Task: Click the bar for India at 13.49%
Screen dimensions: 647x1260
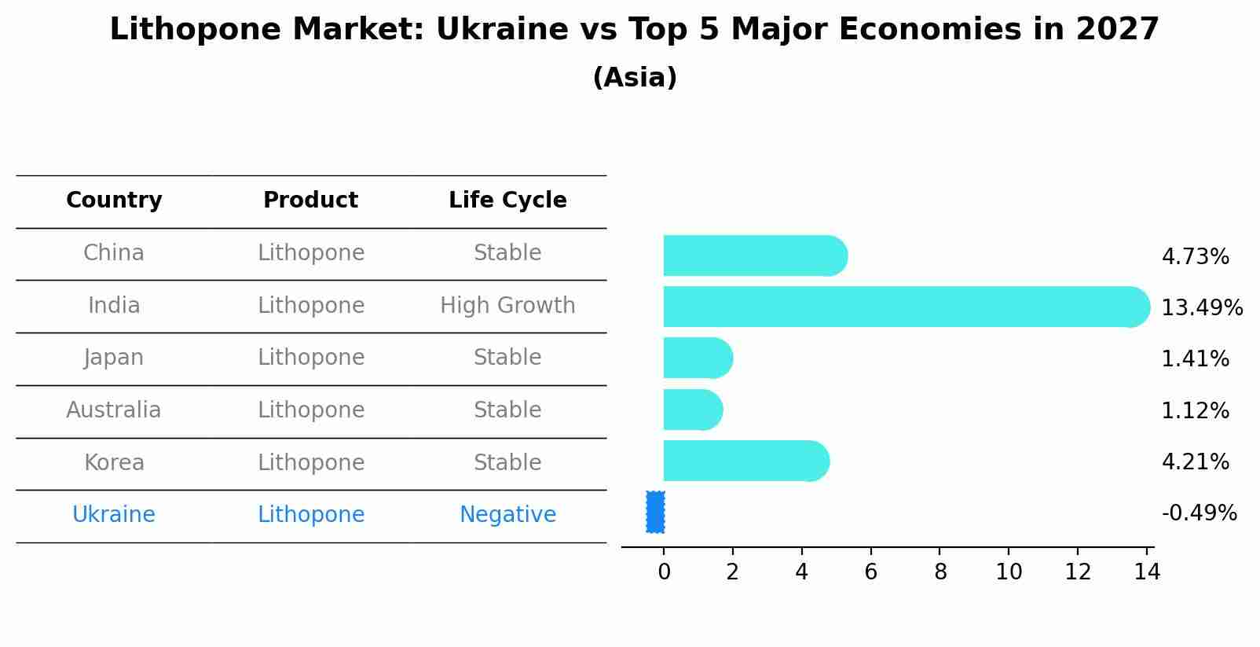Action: click(903, 307)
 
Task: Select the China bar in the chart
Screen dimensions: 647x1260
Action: click(754, 255)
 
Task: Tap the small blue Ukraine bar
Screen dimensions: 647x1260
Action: click(655, 512)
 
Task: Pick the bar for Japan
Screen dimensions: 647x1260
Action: click(697, 358)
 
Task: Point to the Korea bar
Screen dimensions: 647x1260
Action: click(745, 461)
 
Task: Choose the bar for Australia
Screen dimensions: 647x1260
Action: click(692, 410)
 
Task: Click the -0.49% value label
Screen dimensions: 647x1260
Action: click(1199, 513)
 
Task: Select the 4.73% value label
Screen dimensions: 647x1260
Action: click(1195, 257)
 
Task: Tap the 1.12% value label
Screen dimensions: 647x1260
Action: click(1195, 410)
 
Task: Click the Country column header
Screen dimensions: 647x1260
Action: click(114, 200)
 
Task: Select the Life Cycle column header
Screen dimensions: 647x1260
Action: click(507, 200)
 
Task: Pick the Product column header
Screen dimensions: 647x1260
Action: click(310, 200)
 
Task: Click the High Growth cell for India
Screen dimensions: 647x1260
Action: click(507, 306)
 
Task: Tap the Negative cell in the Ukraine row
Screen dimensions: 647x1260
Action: click(507, 515)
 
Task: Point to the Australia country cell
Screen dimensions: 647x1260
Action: click(114, 410)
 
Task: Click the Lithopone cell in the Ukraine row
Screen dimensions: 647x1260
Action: click(311, 515)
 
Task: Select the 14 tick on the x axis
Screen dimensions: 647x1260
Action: click(1147, 572)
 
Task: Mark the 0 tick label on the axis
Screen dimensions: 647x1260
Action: click(664, 572)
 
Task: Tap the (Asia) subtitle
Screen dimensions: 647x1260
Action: click(635, 78)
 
